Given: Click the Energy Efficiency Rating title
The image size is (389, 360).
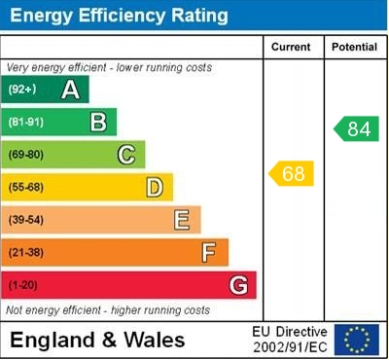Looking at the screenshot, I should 118,17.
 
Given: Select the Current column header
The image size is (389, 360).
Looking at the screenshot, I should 291,47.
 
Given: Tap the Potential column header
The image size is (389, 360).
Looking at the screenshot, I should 354,47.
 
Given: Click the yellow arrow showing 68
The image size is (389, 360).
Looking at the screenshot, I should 292,174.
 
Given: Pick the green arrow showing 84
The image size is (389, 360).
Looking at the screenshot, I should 356,129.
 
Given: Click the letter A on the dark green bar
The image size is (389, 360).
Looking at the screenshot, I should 70,90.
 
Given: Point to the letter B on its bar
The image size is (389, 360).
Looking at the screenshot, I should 98,122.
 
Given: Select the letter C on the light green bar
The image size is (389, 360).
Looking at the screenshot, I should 126,154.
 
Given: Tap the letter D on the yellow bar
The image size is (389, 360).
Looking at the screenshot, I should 154,187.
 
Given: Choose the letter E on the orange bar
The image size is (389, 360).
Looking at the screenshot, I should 182,220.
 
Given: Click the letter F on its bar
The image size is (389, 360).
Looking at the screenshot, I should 208,253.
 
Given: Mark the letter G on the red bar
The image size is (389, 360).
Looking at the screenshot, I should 237,286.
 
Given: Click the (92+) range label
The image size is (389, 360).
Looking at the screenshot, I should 23,90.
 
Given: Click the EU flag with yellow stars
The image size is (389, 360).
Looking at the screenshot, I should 356,340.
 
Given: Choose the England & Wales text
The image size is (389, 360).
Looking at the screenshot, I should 97,341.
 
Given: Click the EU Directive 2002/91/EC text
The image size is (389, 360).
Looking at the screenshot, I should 289,340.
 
